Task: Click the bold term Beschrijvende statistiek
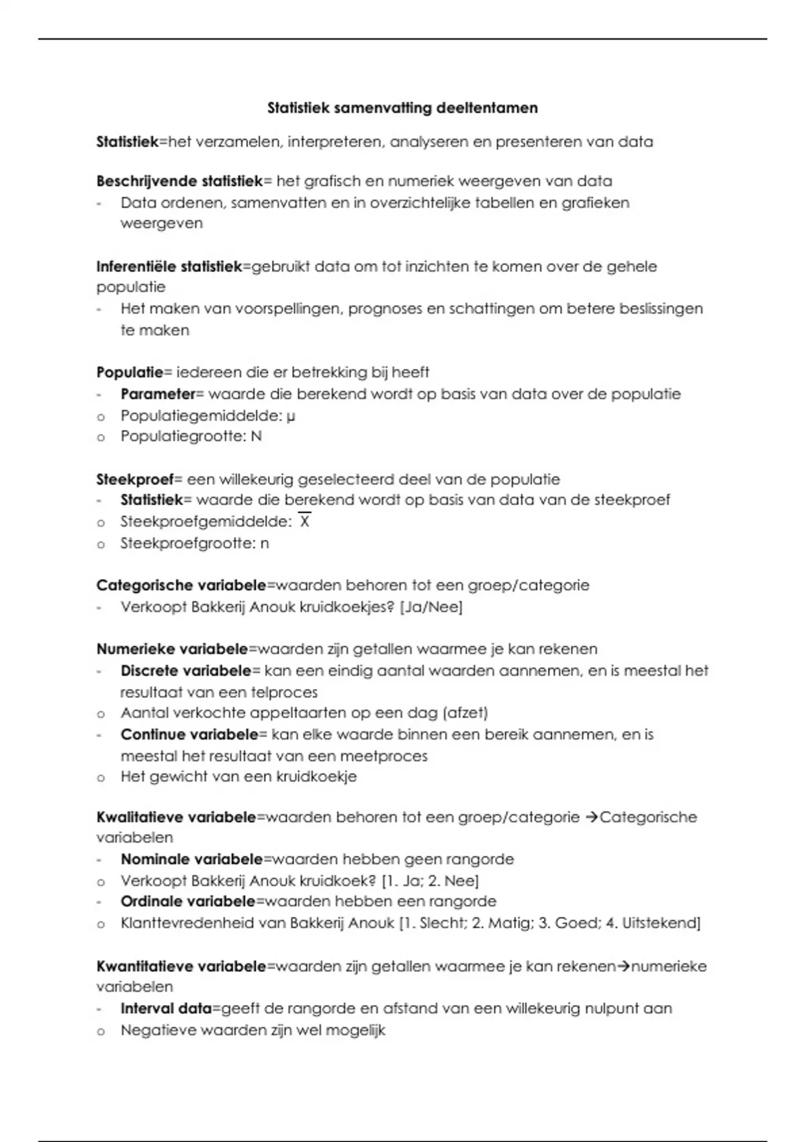click(179, 181)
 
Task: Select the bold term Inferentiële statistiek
click(169, 266)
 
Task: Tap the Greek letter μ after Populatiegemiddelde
click(291, 416)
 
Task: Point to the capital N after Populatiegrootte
click(256, 436)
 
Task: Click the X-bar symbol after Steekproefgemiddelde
click(305, 521)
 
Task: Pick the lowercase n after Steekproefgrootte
click(265, 543)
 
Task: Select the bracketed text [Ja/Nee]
click(431, 607)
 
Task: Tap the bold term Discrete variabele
click(185, 670)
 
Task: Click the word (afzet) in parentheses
click(465, 712)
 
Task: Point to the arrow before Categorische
click(591, 817)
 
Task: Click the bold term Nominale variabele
click(191, 859)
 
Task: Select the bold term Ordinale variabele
click(187, 901)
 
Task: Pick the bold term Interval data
click(166, 1008)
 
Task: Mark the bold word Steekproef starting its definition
click(134, 479)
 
